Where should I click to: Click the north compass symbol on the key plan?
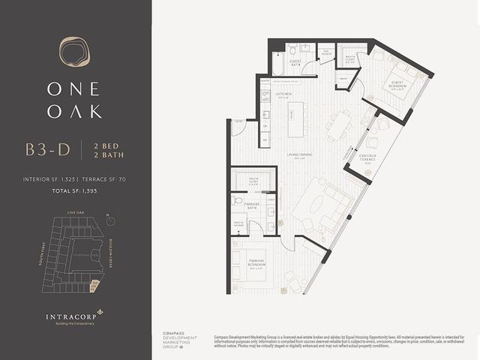[110, 220]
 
